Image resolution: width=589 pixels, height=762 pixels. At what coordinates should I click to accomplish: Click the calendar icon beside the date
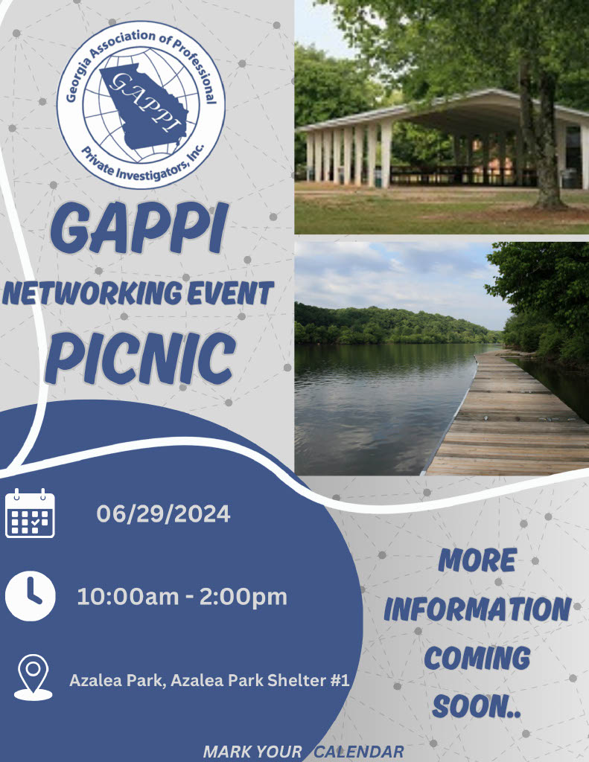click(30, 513)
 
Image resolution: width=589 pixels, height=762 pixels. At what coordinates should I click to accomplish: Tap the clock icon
click(30, 596)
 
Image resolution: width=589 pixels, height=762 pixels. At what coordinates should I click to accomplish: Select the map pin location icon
click(33, 677)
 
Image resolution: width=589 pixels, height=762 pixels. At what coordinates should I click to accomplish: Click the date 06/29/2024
click(163, 513)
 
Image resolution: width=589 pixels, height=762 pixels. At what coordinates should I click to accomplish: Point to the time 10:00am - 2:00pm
click(182, 597)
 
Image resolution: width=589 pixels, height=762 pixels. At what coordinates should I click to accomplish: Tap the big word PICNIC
click(141, 358)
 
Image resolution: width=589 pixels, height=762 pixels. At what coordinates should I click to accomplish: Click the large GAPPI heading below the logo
click(139, 228)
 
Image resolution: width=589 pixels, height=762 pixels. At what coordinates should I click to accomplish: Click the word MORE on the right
click(477, 560)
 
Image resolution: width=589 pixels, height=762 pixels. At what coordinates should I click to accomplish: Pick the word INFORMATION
click(477, 609)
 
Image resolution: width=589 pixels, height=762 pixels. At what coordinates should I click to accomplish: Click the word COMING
click(477, 658)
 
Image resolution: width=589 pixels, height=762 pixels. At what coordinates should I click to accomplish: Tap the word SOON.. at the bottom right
click(477, 706)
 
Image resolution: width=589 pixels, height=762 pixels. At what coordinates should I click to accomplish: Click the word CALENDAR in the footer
click(358, 752)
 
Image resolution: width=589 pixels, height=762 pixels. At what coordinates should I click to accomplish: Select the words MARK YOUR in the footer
click(252, 752)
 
